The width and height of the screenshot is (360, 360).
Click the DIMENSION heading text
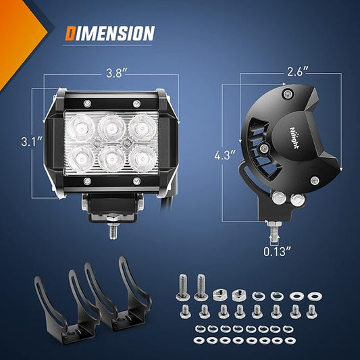(x=110, y=33)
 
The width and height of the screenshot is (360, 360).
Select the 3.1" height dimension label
(x=32, y=141)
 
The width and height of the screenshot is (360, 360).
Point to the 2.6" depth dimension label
(x=298, y=72)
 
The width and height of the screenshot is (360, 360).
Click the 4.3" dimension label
(x=225, y=155)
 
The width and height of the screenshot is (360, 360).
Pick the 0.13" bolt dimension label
(x=277, y=252)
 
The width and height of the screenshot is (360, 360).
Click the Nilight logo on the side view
(x=294, y=137)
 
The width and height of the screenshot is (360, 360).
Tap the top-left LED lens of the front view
(x=81, y=128)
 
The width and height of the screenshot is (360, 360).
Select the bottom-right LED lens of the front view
(x=141, y=158)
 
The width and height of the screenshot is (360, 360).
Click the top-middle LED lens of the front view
(x=112, y=128)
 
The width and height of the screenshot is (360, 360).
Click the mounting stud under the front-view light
(x=113, y=232)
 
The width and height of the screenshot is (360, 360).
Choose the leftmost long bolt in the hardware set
(x=182, y=288)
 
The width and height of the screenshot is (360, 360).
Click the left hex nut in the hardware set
(x=220, y=294)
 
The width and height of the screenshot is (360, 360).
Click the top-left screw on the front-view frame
(x=87, y=103)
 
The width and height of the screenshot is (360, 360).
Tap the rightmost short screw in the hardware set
(x=311, y=311)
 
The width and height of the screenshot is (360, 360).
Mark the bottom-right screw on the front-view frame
(x=137, y=181)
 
